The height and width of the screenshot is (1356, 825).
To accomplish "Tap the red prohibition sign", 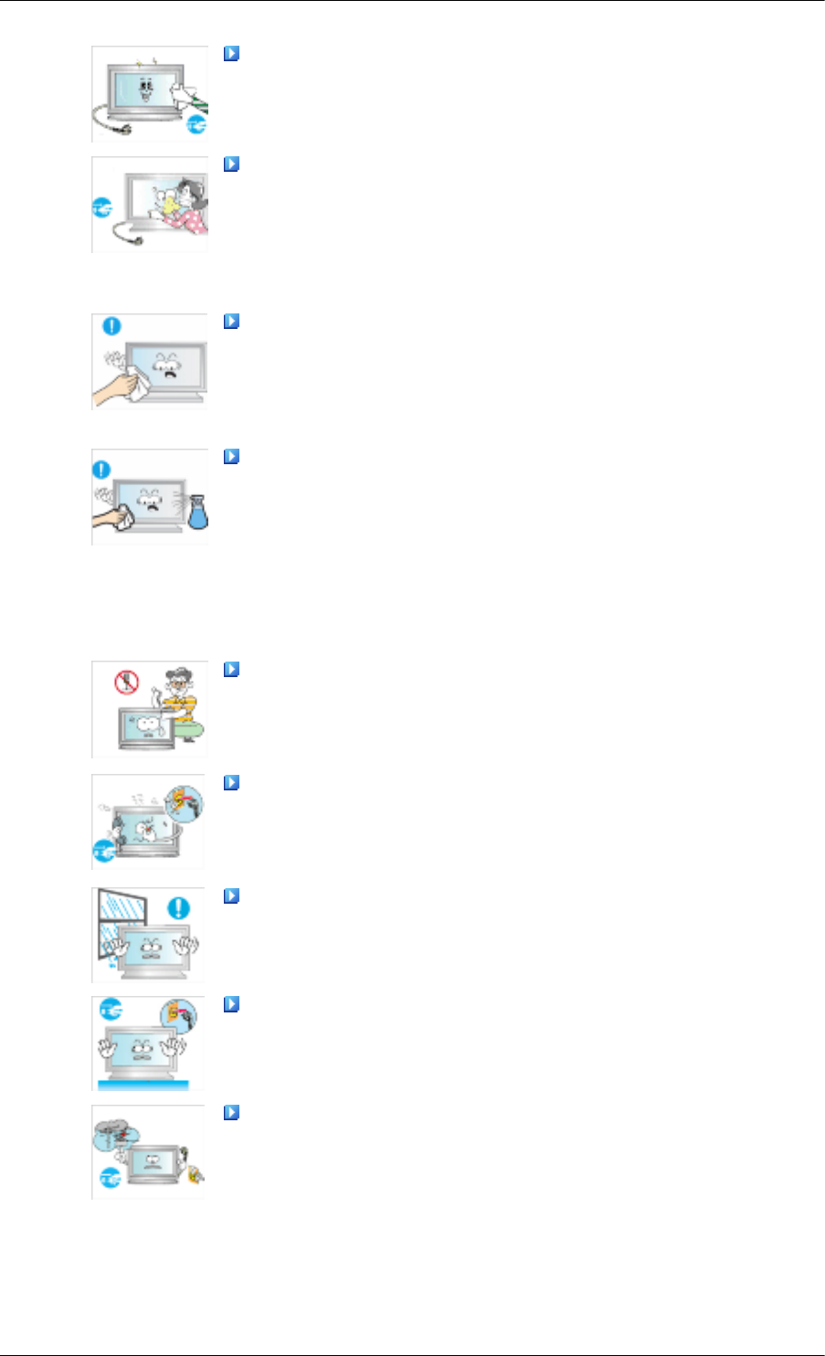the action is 126,682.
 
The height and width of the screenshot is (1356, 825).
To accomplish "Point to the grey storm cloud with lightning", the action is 113,1137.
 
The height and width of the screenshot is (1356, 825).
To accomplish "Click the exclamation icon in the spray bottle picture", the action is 101,470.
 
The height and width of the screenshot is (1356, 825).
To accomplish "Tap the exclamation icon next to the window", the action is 180,908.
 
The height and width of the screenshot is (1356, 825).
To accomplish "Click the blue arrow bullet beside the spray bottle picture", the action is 231,456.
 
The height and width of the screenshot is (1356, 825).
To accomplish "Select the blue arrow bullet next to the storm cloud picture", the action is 231,1113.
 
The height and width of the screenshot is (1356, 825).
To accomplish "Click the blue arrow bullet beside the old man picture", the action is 231,670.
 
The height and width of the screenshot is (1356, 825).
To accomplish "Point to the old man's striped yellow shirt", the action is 185,709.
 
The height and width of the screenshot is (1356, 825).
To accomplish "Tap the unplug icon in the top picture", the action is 196,126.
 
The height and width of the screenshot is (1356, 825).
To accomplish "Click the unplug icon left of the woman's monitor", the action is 102,209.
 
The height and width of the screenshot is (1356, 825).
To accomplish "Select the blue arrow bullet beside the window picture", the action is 231,896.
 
